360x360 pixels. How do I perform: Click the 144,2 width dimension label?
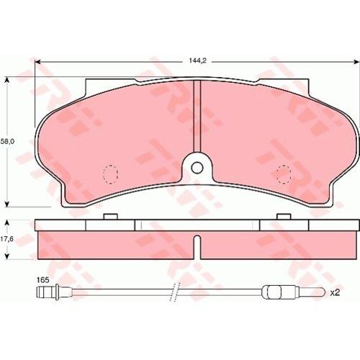(x=197, y=61)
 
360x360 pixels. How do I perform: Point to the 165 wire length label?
(x=43, y=280)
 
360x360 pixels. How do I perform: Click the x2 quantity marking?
(x=336, y=293)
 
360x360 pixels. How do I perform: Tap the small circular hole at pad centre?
(x=197, y=167)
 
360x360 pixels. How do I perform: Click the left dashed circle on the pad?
(x=111, y=174)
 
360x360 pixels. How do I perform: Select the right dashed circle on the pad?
(x=284, y=174)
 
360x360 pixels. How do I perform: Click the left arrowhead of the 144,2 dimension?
(x=37, y=62)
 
